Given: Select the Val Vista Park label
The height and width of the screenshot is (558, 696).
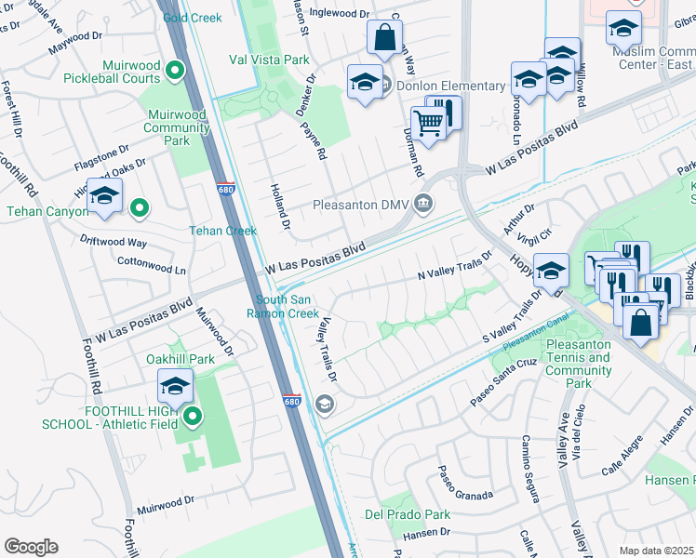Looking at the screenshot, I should (x=269, y=60).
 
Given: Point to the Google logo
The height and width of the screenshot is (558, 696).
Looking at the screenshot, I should (x=31, y=547).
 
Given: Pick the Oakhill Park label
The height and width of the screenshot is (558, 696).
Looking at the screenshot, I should (x=181, y=359).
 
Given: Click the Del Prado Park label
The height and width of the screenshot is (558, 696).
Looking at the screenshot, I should (x=408, y=514).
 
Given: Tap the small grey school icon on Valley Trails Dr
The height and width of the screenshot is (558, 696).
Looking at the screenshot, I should (x=324, y=403).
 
